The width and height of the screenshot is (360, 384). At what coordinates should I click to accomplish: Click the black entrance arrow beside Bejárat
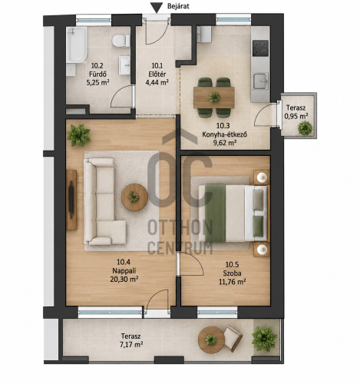click(156, 8)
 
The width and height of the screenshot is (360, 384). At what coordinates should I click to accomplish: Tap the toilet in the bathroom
click(121, 41)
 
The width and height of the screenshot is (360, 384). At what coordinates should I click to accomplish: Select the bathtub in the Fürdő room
click(77, 45)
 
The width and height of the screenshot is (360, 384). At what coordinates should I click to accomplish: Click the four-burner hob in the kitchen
click(260, 48)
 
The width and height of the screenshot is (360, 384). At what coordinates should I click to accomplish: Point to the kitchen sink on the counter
click(261, 81)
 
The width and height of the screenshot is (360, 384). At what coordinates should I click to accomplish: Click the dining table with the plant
click(214, 98)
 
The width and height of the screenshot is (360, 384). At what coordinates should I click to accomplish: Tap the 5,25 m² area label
click(97, 83)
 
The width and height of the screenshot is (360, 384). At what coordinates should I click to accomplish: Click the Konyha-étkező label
click(225, 134)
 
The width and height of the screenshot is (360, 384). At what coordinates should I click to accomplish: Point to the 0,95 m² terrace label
click(296, 116)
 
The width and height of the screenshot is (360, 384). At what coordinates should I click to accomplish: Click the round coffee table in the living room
click(134, 197)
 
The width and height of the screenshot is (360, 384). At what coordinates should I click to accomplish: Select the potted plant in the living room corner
click(78, 135)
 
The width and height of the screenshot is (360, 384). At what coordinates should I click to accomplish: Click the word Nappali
click(124, 270)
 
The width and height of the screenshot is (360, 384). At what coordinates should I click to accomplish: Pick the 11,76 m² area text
click(233, 282)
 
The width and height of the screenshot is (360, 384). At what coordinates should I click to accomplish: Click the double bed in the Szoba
click(233, 214)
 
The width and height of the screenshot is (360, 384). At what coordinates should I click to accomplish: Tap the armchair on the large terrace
click(233, 339)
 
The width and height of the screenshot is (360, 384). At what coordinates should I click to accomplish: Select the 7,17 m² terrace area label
click(131, 344)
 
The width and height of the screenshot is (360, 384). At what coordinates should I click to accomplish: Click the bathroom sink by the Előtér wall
click(124, 65)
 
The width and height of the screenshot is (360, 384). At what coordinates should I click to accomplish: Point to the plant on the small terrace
click(305, 127)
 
